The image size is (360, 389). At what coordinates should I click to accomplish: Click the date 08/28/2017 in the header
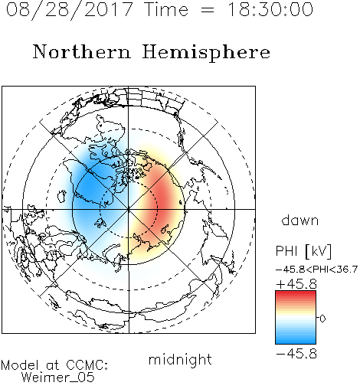tap(69, 10)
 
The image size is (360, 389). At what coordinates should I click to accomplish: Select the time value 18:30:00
tap(270, 9)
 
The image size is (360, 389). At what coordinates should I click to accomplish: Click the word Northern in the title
tap(82, 51)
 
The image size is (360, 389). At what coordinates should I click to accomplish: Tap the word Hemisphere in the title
tap(206, 52)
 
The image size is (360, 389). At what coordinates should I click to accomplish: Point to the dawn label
tap(299, 221)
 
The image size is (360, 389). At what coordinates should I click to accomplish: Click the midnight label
tap(180, 360)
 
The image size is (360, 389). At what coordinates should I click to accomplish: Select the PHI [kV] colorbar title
tap(303, 251)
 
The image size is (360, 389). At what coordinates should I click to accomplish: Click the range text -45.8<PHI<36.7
tap(316, 270)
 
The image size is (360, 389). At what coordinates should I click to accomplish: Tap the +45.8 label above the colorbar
tap(296, 284)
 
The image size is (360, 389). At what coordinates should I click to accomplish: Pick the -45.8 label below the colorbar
tap(296, 354)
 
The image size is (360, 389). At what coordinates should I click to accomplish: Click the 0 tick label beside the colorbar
tap(322, 319)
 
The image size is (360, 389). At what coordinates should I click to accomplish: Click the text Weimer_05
tap(57, 377)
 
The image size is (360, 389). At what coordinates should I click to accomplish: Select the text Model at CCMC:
tap(54, 365)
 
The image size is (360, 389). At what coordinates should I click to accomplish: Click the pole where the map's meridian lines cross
tap(129, 209)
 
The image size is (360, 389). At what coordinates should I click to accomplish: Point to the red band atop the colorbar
tap(296, 293)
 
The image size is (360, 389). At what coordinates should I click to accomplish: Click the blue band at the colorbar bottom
tap(296, 341)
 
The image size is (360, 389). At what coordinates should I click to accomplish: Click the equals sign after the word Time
tap(207, 10)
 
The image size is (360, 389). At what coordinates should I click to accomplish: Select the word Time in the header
tap(166, 9)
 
